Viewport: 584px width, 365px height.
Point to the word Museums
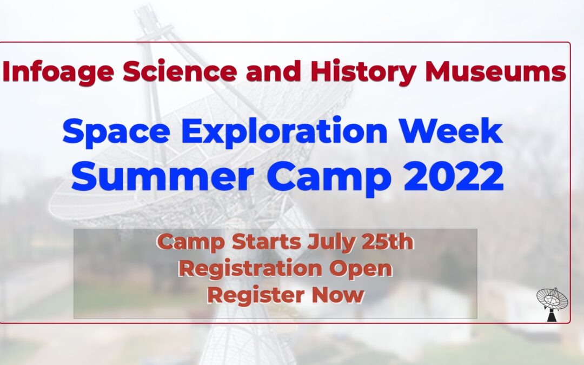pyautogui.click(x=496, y=71)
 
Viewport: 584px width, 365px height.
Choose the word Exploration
pyautogui.click(x=284, y=131)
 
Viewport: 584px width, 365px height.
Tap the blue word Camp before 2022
pyautogui.click(x=329, y=178)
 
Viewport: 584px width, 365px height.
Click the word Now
pyautogui.click(x=337, y=295)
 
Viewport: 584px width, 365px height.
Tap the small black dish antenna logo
pyautogui.click(x=552, y=304)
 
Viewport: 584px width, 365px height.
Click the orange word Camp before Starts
pyautogui.click(x=191, y=242)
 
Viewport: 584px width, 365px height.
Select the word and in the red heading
pyautogui.click(x=274, y=71)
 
